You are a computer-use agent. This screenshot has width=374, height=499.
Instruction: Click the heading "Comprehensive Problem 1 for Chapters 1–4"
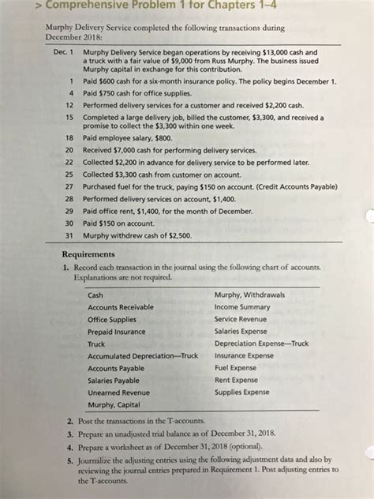158,9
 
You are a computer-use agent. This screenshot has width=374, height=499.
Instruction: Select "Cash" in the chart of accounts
95,295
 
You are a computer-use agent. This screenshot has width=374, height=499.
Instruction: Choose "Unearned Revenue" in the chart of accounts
119,392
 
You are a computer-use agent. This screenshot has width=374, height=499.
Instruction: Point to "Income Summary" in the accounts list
245,307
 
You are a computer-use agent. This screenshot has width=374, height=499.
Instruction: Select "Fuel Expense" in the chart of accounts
236,368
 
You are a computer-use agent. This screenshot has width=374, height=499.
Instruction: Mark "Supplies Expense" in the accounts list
242,392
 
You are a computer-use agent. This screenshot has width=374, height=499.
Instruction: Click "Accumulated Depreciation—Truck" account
143,356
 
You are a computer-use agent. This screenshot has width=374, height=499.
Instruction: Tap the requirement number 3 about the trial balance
70,434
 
